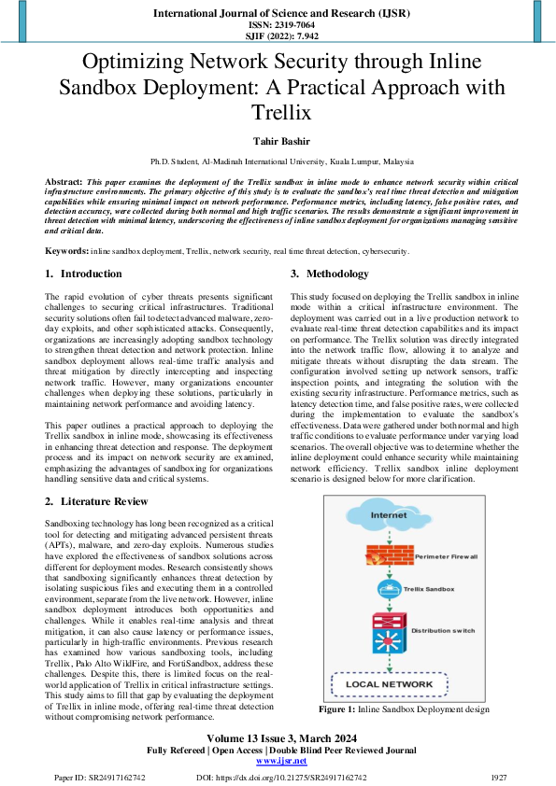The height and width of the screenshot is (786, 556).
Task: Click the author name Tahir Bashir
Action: point(278,140)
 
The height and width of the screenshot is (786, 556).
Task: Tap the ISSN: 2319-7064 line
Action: point(278,25)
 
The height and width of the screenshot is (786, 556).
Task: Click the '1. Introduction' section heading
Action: point(84,274)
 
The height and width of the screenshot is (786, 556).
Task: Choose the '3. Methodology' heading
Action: point(330,274)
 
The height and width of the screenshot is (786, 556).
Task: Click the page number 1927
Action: point(500,777)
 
